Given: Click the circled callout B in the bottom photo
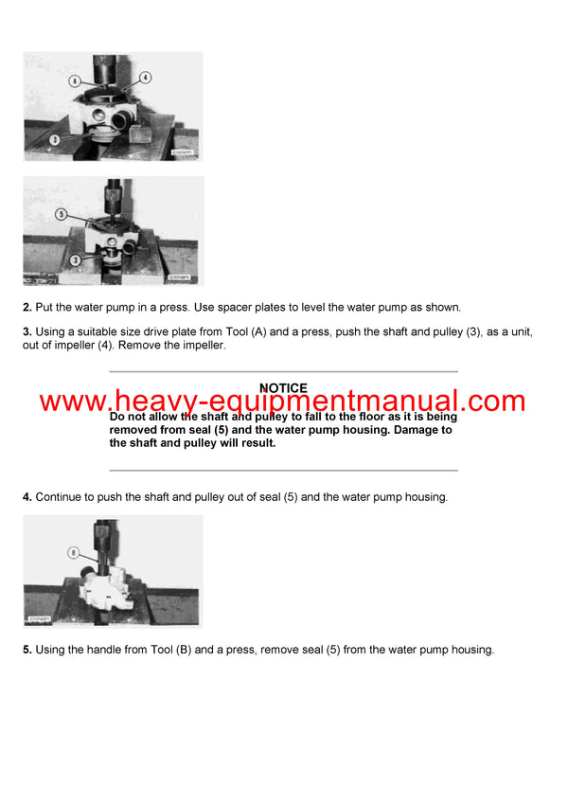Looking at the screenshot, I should (x=72, y=552).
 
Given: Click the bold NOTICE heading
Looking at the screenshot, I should (x=283, y=388).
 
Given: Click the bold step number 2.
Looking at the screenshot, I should (x=27, y=308).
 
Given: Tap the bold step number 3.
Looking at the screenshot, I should (x=27, y=333).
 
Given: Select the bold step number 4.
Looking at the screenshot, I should (x=27, y=497).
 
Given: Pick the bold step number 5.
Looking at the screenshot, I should (x=27, y=650).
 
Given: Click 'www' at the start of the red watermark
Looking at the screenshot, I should (x=72, y=402).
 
